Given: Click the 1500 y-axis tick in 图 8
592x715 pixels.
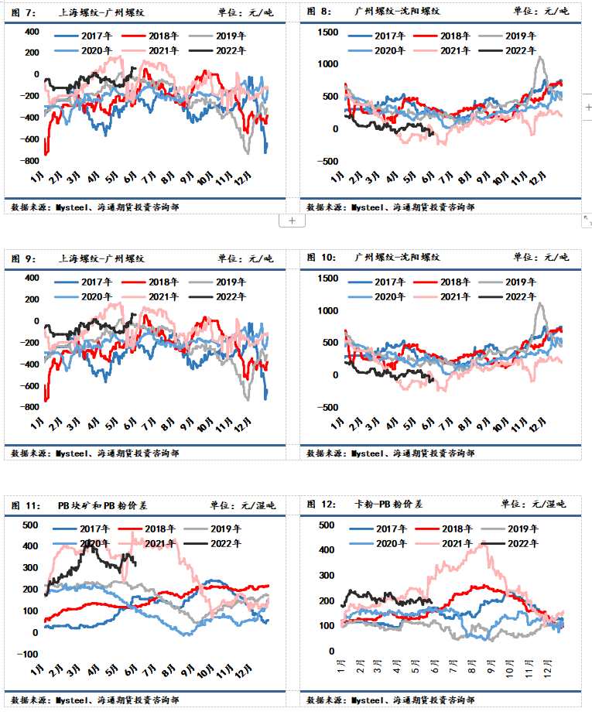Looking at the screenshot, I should (327, 32).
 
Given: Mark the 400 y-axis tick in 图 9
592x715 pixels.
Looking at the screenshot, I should (31, 278).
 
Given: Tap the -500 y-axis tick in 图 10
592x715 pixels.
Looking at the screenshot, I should (327, 407).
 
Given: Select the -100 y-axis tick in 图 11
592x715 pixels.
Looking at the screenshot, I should (28, 654).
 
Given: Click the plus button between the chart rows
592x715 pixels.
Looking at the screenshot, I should (292, 221).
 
